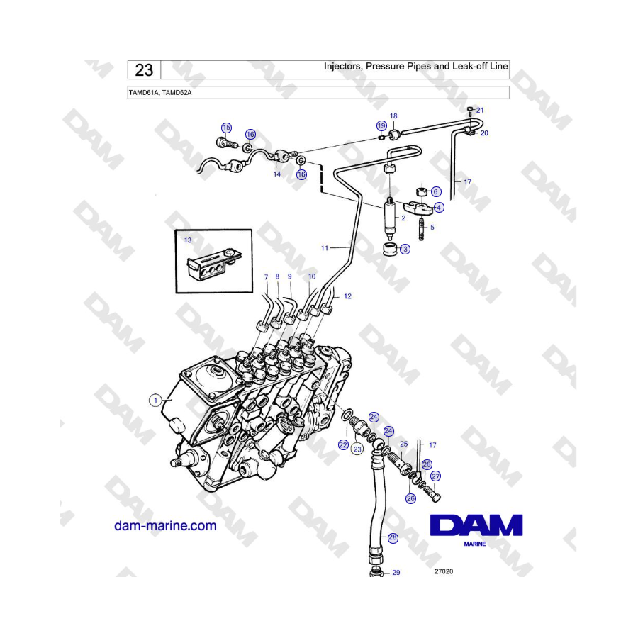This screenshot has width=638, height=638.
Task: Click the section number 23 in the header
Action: [144, 70]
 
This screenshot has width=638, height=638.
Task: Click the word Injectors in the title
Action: [342, 67]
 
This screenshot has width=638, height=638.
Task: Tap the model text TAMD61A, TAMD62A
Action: [160, 93]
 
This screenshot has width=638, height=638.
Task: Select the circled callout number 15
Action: [226, 128]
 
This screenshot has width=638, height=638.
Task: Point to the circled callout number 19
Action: [381, 125]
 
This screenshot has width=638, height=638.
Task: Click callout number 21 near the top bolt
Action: [480, 111]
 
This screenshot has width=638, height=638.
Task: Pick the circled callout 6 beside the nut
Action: [436, 191]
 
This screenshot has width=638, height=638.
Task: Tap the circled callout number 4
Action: [439, 208]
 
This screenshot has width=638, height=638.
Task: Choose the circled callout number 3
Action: [405, 249]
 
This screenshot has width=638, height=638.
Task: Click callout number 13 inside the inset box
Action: [188, 240]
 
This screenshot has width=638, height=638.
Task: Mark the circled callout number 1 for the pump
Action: [155, 401]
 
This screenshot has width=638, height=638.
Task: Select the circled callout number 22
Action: [343, 444]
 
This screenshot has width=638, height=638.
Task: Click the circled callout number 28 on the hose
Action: [393, 537]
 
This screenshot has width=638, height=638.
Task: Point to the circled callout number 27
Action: [435, 476]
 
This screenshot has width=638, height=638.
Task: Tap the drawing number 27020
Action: [444, 571]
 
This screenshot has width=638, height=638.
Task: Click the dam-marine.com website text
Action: [165, 525]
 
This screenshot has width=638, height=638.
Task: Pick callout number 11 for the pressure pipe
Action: [324, 248]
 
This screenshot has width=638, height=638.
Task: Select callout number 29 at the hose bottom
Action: [396, 573]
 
